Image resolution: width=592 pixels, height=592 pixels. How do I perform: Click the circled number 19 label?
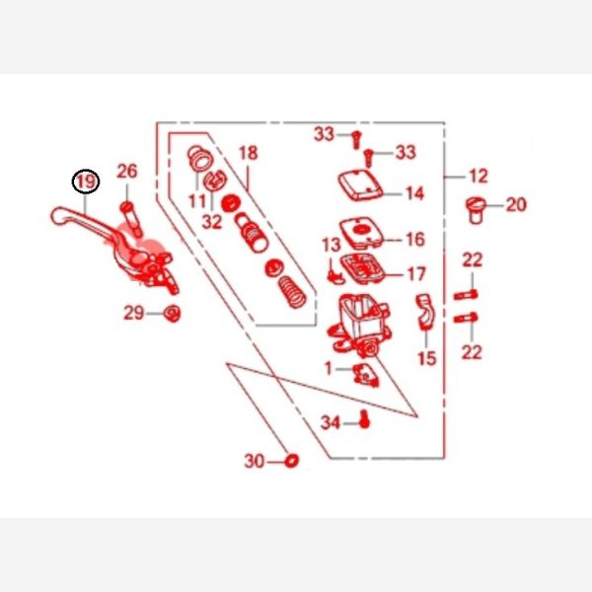[86, 182]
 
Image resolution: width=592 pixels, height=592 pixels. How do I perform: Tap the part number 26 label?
[127, 171]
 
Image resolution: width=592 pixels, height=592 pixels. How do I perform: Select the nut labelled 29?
[172, 313]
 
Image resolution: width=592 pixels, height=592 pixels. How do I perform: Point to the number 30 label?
[255, 461]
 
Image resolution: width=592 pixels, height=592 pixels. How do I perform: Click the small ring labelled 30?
[291, 461]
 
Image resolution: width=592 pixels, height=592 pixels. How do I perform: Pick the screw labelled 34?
[364, 419]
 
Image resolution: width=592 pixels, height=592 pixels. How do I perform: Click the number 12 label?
[479, 176]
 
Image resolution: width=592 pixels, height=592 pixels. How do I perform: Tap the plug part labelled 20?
[476, 210]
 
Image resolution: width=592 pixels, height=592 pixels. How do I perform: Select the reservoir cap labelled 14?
[360, 185]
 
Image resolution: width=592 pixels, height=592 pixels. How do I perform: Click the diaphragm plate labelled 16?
[361, 233]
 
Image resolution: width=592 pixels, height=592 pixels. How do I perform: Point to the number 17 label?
[416, 274]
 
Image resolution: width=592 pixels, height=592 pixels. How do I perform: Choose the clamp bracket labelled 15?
[425, 312]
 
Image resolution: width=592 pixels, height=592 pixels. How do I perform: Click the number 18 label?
[249, 153]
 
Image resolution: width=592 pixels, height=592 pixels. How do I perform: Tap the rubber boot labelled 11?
[201, 159]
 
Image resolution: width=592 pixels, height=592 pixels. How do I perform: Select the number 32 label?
[212, 222]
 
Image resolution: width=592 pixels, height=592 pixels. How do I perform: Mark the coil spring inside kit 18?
[292, 292]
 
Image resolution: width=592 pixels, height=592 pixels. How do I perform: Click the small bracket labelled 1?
[365, 375]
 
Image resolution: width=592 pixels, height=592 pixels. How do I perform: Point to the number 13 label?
[332, 245]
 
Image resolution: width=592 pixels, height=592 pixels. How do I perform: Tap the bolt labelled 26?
[130, 220]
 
